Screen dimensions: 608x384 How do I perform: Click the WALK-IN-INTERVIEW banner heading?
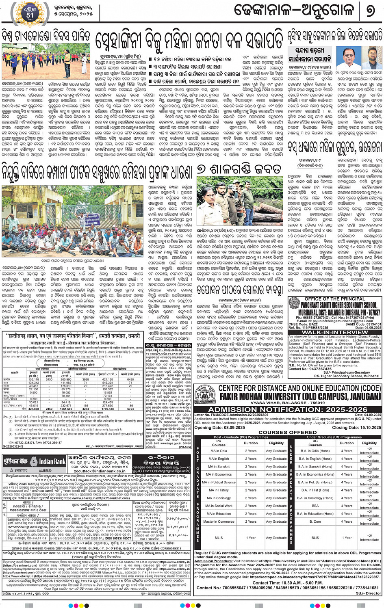[335, 332]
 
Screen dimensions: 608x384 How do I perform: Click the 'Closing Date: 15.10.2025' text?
[356, 427]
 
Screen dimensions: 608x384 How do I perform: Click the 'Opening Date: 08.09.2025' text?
[219, 427]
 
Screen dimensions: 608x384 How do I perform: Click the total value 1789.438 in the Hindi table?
[108, 409]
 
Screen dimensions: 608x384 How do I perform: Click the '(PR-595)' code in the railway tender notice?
[185, 447]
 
